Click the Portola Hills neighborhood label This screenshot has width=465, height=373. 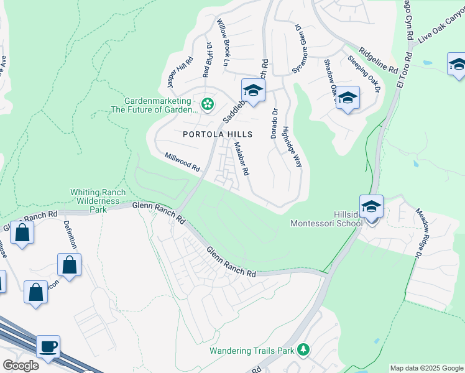coord(218,134)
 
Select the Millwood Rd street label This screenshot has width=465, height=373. coord(182,163)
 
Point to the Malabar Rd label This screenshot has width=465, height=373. coord(241,159)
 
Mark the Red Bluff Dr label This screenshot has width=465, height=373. coord(207,60)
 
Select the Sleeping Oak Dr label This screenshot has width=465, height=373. coord(364,74)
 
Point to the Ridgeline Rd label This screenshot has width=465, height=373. coord(379,57)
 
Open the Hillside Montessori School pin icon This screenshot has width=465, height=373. coord(371,207)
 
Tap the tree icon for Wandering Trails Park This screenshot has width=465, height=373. coord(303,350)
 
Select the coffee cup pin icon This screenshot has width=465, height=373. coord(48,347)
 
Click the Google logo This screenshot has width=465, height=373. coord(20,366)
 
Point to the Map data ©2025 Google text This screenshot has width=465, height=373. coord(426,368)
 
